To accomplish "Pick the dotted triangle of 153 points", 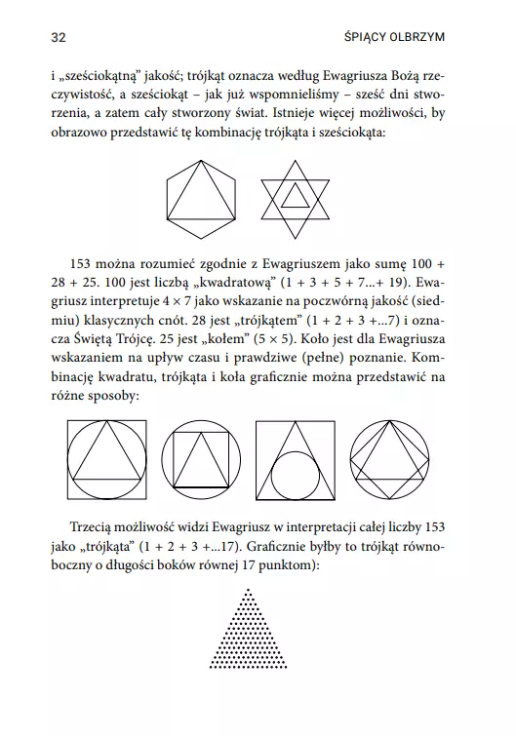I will pos(257,634).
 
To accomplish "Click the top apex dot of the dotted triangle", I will pos(257,592).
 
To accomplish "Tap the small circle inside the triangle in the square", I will pos(290,472).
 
